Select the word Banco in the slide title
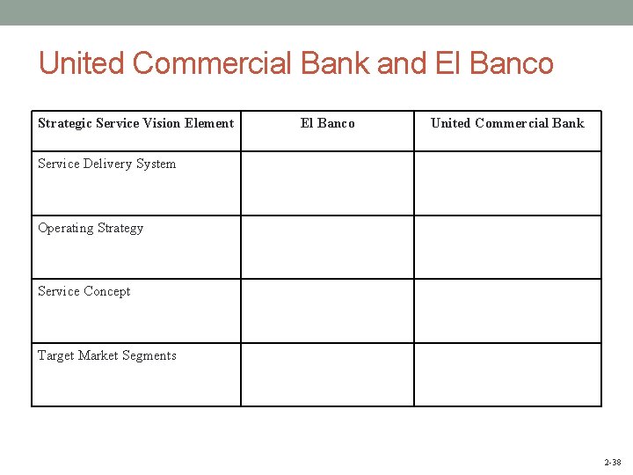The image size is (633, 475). coord(512,63)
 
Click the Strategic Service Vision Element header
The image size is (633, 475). coord(135,123)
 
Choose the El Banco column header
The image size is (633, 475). coord(327,123)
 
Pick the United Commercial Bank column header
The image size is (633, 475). coord(507,123)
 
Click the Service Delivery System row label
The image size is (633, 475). coord(106,164)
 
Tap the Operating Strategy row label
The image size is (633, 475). coord(91,228)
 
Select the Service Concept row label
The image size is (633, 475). coord(84,291)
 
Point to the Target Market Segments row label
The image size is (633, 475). coord(107,355)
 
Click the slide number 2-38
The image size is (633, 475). coord(612,462)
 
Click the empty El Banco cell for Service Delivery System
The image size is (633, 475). coord(327,184)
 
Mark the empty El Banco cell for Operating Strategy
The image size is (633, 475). coord(327,247)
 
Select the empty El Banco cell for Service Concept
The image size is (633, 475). coord(327,311)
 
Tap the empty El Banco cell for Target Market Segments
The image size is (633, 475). coord(327,375)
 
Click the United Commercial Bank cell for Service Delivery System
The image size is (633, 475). coord(507,184)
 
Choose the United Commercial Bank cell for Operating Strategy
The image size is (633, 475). coord(507,247)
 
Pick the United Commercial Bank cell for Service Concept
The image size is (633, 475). coord(507,311)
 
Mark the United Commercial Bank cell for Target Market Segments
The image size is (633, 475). coord(507,375)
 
